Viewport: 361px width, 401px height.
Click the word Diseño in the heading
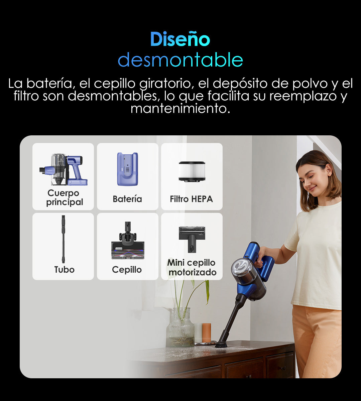click(180, 39)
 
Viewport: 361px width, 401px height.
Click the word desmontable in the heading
click(180, 60)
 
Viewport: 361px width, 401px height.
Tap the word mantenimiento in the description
click(180, 109)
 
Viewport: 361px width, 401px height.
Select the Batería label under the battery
click(127, 199)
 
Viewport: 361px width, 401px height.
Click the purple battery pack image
click(128, 169)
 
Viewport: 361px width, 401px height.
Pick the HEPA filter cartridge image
click(192, 171)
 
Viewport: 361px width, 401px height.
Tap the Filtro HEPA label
click(192, 199)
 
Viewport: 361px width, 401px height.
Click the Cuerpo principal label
click(65, 197)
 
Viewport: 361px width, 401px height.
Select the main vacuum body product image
click(64, 169)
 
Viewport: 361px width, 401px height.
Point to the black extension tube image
click(63, 239)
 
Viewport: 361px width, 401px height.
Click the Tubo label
click(65, 270)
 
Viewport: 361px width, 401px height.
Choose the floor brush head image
click(128, 240)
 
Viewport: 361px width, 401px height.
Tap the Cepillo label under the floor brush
click(127, 270)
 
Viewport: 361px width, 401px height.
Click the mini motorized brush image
click(192, 239)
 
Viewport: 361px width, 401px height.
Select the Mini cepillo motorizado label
click(192, 267)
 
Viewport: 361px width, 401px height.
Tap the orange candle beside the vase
click(207, 333)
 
